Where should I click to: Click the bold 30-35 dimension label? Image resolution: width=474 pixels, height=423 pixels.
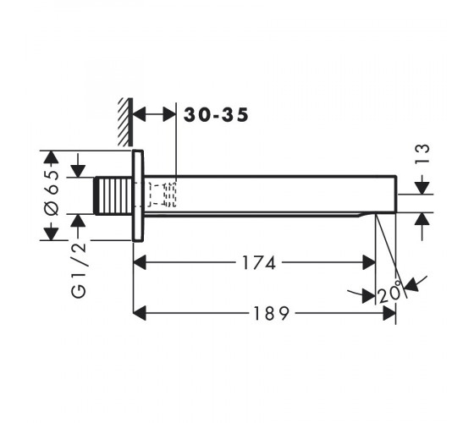[x=216, y=115]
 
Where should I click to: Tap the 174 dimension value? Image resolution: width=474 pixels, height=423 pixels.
[x=259, y=262]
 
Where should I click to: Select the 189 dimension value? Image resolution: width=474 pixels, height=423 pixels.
[x=271, y=313]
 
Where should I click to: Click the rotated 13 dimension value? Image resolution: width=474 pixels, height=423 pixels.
[x=422, y=154]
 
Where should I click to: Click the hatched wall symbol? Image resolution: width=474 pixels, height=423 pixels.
[x=125, y=122]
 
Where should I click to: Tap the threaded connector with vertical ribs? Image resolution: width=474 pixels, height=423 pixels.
[x=113, y=195]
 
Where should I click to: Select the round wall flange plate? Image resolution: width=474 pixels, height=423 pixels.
[x=138, y=195]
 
